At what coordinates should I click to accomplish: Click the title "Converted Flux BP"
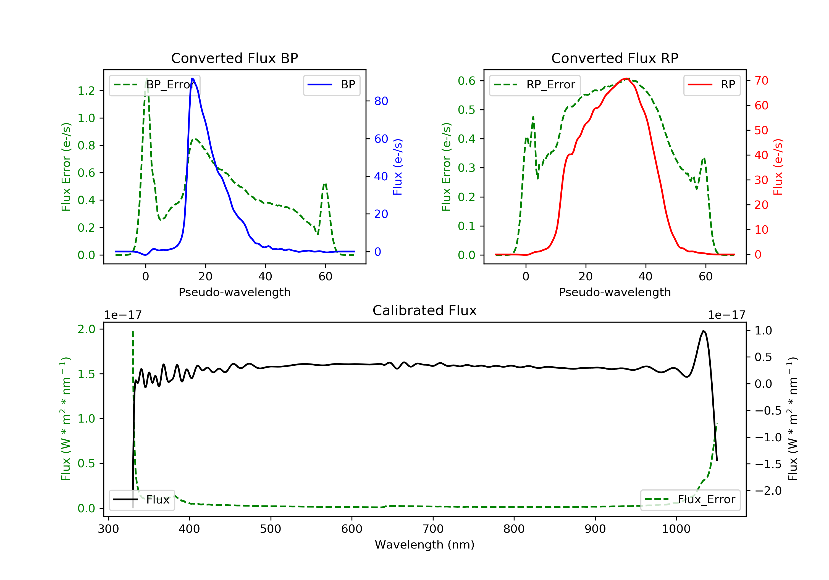point(234,58)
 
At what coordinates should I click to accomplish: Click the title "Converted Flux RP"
point(615,58)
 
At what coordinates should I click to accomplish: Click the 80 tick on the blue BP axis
point(381,101)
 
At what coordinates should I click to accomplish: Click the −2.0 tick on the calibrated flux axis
point(768,491)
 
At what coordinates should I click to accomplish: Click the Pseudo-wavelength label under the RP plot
point(615,292)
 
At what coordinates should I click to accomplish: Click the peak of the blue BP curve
point(192,78)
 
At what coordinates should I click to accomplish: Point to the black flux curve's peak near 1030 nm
point(703,331)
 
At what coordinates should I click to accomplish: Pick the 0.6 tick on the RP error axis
point(466,81)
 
